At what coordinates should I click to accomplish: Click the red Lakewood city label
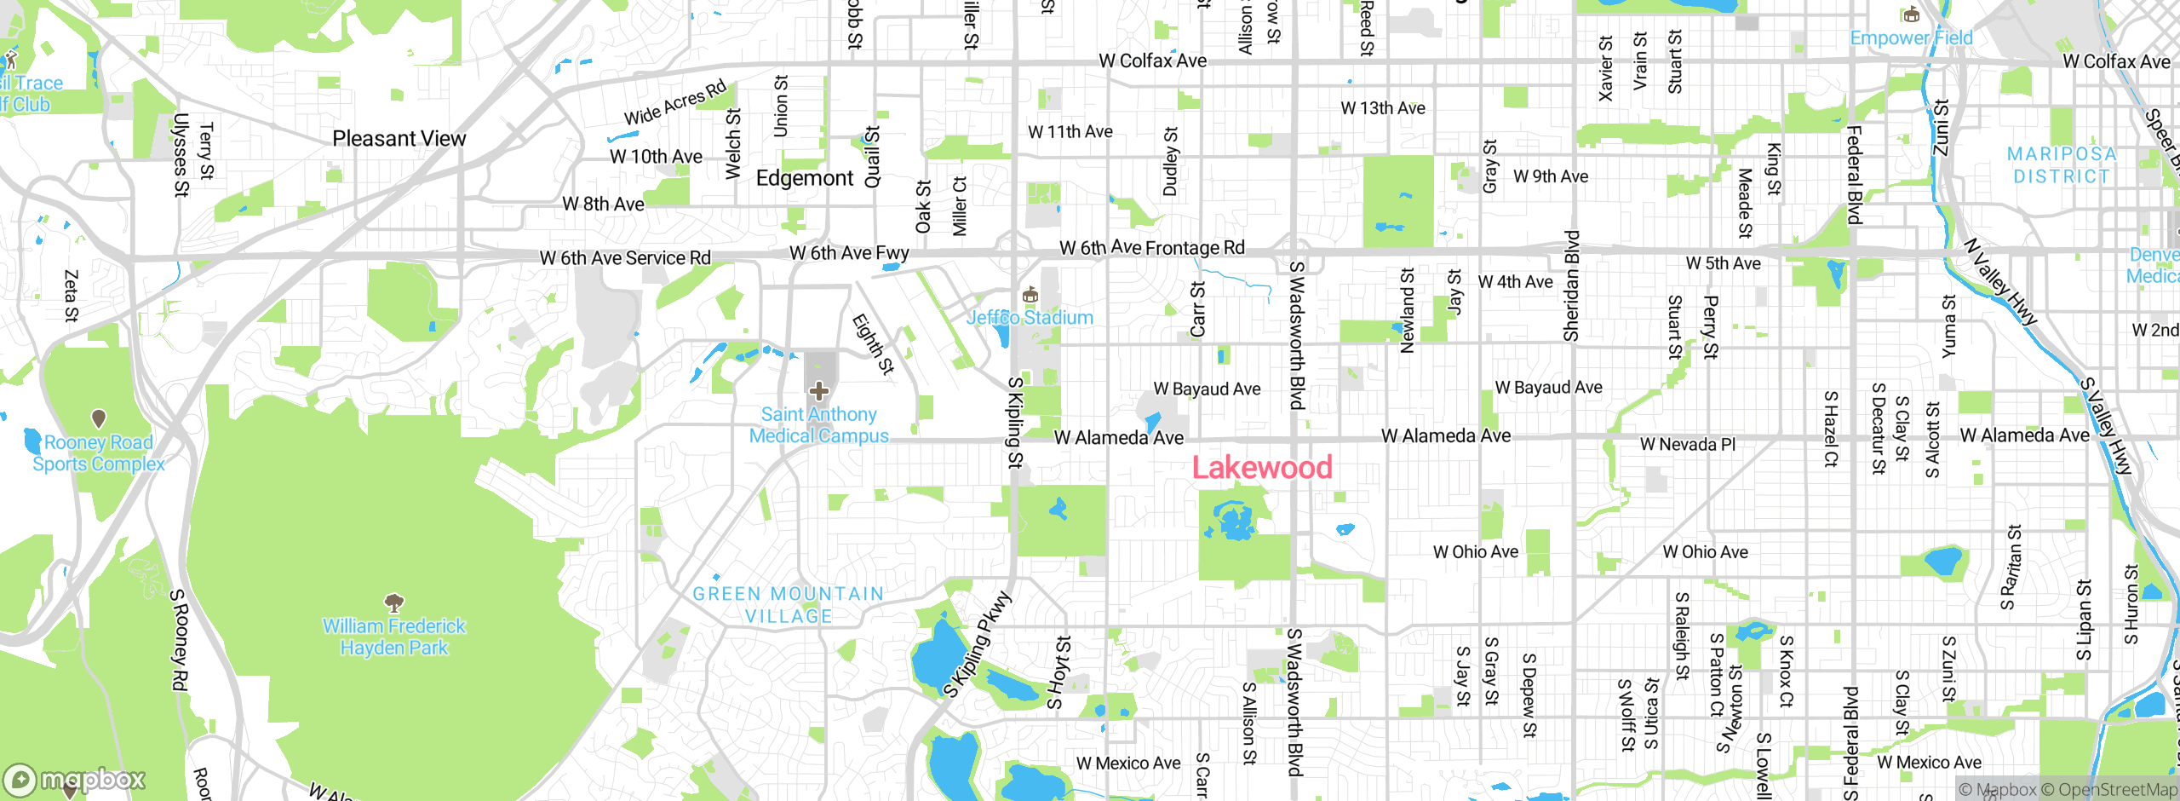click(1262, 468)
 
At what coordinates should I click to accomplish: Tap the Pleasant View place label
click(399, 138)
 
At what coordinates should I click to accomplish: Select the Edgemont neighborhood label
click(804, 178)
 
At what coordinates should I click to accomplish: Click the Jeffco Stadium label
click(1030, 318)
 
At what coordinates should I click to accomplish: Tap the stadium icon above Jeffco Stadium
click(1030, 296)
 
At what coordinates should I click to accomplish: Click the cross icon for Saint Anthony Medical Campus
click(819, 392)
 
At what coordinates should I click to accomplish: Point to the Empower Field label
click(1911, 38)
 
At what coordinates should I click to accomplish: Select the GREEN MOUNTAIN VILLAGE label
click(788, 605)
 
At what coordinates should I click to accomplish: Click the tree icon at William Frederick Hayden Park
click(394, 603)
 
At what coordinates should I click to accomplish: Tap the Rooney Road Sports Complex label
click(99, 453)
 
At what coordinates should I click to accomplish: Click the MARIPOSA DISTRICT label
click(2062, 165)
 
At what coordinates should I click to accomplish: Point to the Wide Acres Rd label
click(675, 102)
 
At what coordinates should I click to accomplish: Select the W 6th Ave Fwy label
click(849, 253)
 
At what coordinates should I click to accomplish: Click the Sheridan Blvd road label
click(1571, 285)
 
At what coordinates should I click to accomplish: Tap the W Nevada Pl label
click(1687, 445)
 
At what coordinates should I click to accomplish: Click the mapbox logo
click(75, 780)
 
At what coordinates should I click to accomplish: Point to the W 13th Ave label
click(1383, 108)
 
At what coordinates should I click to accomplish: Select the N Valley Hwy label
click(1999, 282)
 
